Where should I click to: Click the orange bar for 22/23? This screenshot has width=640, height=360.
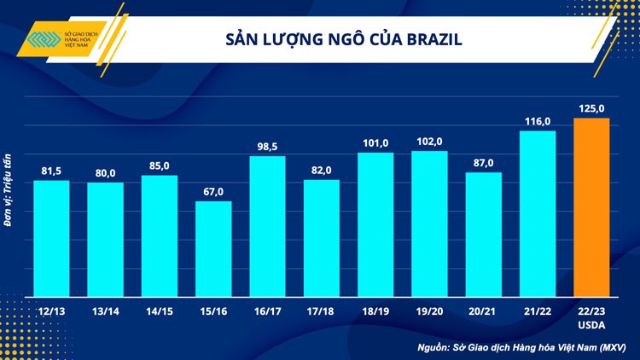tap(591, 207)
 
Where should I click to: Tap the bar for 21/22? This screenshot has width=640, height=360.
tap(538, 213)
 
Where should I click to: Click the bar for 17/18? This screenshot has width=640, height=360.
tap(322, 238)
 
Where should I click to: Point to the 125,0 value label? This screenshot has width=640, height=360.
tap(591, 108)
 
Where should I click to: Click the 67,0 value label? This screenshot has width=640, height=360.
tap(213, 191)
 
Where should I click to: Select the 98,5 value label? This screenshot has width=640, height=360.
tap(267, 146)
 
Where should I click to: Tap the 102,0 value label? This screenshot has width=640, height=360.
tap(429, 142)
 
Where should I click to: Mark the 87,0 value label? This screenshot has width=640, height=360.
tap(483, 163)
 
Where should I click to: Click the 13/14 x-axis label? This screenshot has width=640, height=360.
tap(105, 312)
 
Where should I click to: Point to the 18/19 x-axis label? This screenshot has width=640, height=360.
tap(375, 312)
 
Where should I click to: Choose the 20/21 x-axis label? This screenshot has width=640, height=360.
tap(483, 312)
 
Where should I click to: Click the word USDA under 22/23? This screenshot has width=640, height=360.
tap(591, 325)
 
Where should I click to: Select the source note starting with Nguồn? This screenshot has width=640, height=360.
tap(522, 347)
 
